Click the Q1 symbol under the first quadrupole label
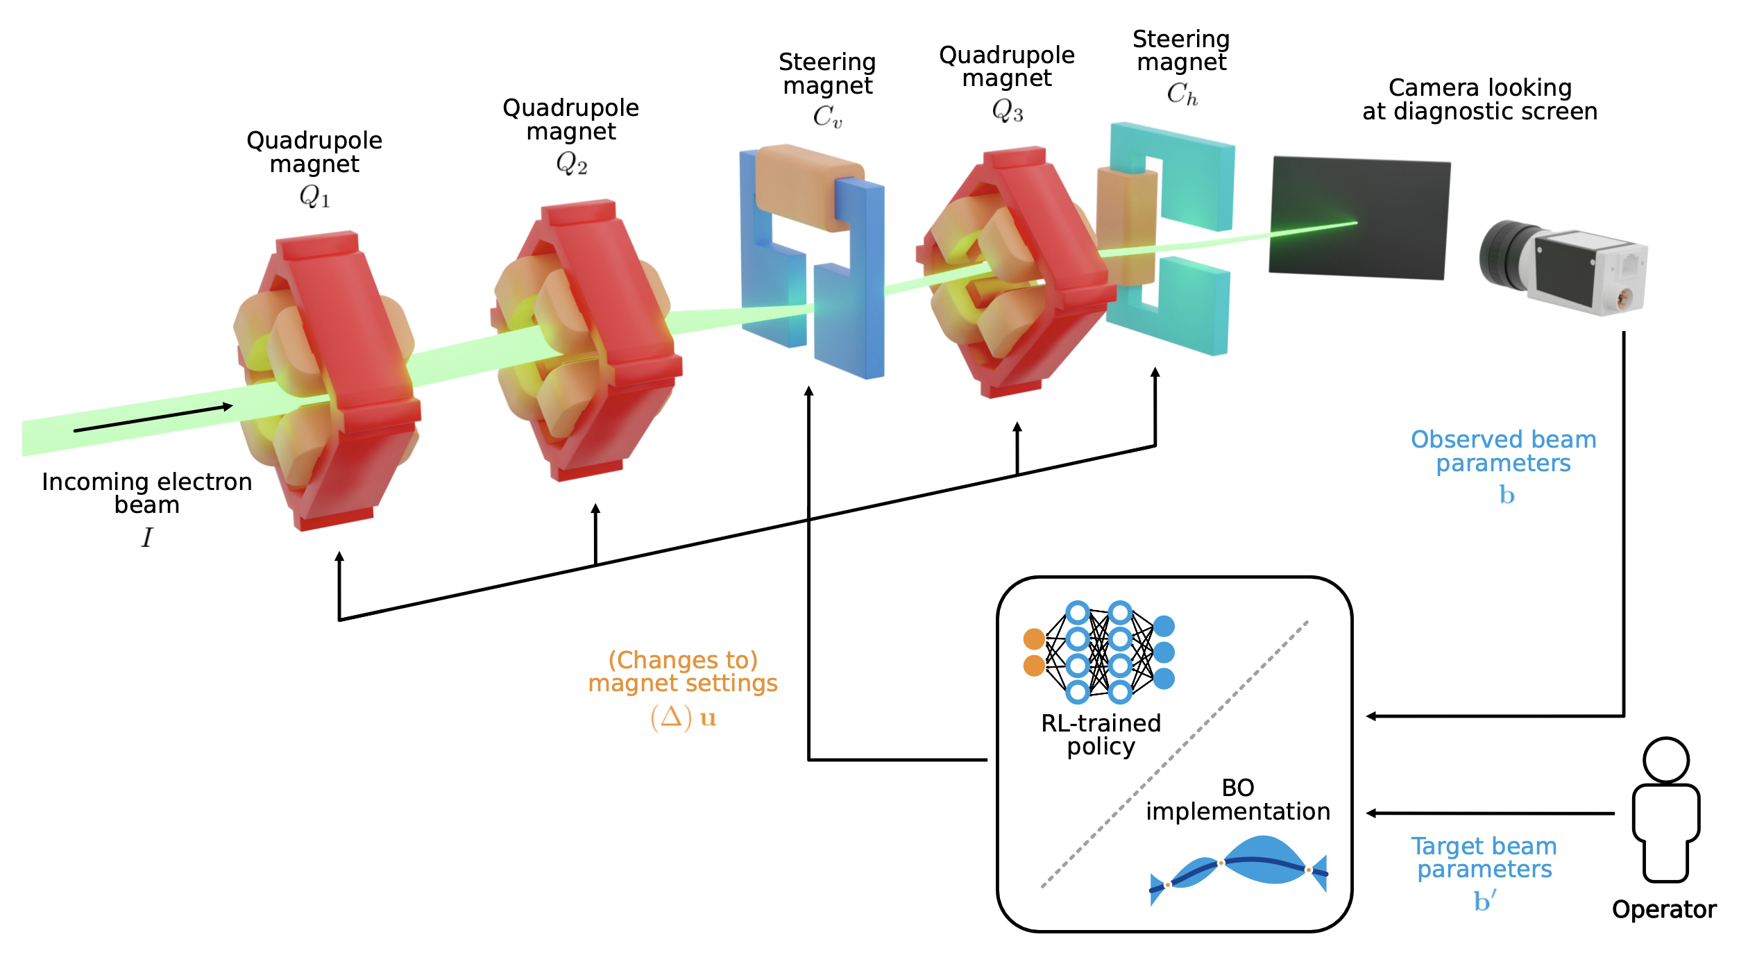(314, 196)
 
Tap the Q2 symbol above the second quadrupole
(572, 164)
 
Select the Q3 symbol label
(1008, 110)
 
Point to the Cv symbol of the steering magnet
(827, 117)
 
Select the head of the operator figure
(1665, 760)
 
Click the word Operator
(1663, 909)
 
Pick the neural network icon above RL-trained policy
(1098, 652)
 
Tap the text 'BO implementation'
(1238, 800)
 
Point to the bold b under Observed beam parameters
(1507, 495)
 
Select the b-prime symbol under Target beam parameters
(1484, 901)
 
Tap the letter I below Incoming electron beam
(147, 537)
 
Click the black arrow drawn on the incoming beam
(153, 418)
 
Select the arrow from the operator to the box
(1492, 813)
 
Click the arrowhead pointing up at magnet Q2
(595, 509)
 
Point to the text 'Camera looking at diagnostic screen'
(1479, 99)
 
